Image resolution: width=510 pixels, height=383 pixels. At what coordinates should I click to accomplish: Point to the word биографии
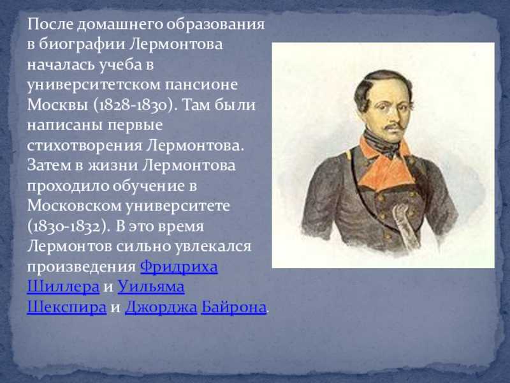pos(82,45)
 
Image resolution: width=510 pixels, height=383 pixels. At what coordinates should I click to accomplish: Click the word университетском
pos(94,86)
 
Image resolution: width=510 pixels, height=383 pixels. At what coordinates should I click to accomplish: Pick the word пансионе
pos(201,85)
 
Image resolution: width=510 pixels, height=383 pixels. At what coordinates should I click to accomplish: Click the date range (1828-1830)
pos(133,105)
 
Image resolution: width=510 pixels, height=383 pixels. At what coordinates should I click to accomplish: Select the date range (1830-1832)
pos(68,227)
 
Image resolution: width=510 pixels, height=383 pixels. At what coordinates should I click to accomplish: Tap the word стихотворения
pos(84,146)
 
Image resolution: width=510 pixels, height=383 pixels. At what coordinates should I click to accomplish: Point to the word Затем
pos(49,165)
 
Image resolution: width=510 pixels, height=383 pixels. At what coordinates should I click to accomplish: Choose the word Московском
pos(74,206)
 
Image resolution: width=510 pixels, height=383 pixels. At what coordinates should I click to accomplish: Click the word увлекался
pos(213,246)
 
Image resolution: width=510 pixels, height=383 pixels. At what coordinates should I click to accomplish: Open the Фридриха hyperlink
pos(179,267)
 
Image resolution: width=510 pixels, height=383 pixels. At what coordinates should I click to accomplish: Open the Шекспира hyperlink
pos(67,308)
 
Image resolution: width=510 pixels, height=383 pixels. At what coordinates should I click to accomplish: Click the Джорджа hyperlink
pos(161,308)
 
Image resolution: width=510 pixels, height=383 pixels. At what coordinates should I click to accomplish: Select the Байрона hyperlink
pos(234,308)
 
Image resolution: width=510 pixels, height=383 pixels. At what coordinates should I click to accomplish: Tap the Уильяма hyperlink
pos(151,287)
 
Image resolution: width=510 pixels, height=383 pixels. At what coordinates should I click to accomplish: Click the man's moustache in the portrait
pos(393,126)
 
